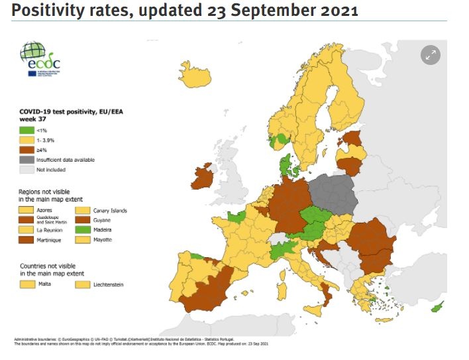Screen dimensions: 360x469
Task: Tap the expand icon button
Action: pos(431,55)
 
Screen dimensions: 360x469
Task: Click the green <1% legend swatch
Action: pos(26,131)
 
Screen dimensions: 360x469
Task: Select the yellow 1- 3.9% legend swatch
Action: pos(26,141)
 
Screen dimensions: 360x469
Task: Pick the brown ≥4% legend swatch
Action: pos(26,150)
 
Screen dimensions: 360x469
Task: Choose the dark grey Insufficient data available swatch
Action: pos(26,160)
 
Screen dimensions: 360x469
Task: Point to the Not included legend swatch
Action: pos(26,170)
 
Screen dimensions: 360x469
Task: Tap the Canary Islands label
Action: pos(110,211)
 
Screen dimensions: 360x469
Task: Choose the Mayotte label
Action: pos(103,239)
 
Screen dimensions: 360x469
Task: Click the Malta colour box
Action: pos(27,284)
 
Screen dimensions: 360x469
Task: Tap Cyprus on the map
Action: pos(437,307)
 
